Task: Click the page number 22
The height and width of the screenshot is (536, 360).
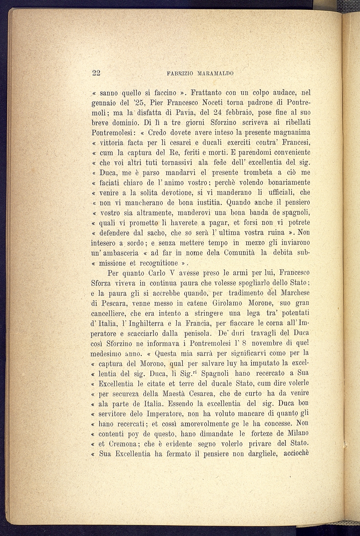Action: (96, 73)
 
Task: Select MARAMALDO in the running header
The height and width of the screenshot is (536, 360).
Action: (215, 73)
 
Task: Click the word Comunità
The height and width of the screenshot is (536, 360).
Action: (239, 252)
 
